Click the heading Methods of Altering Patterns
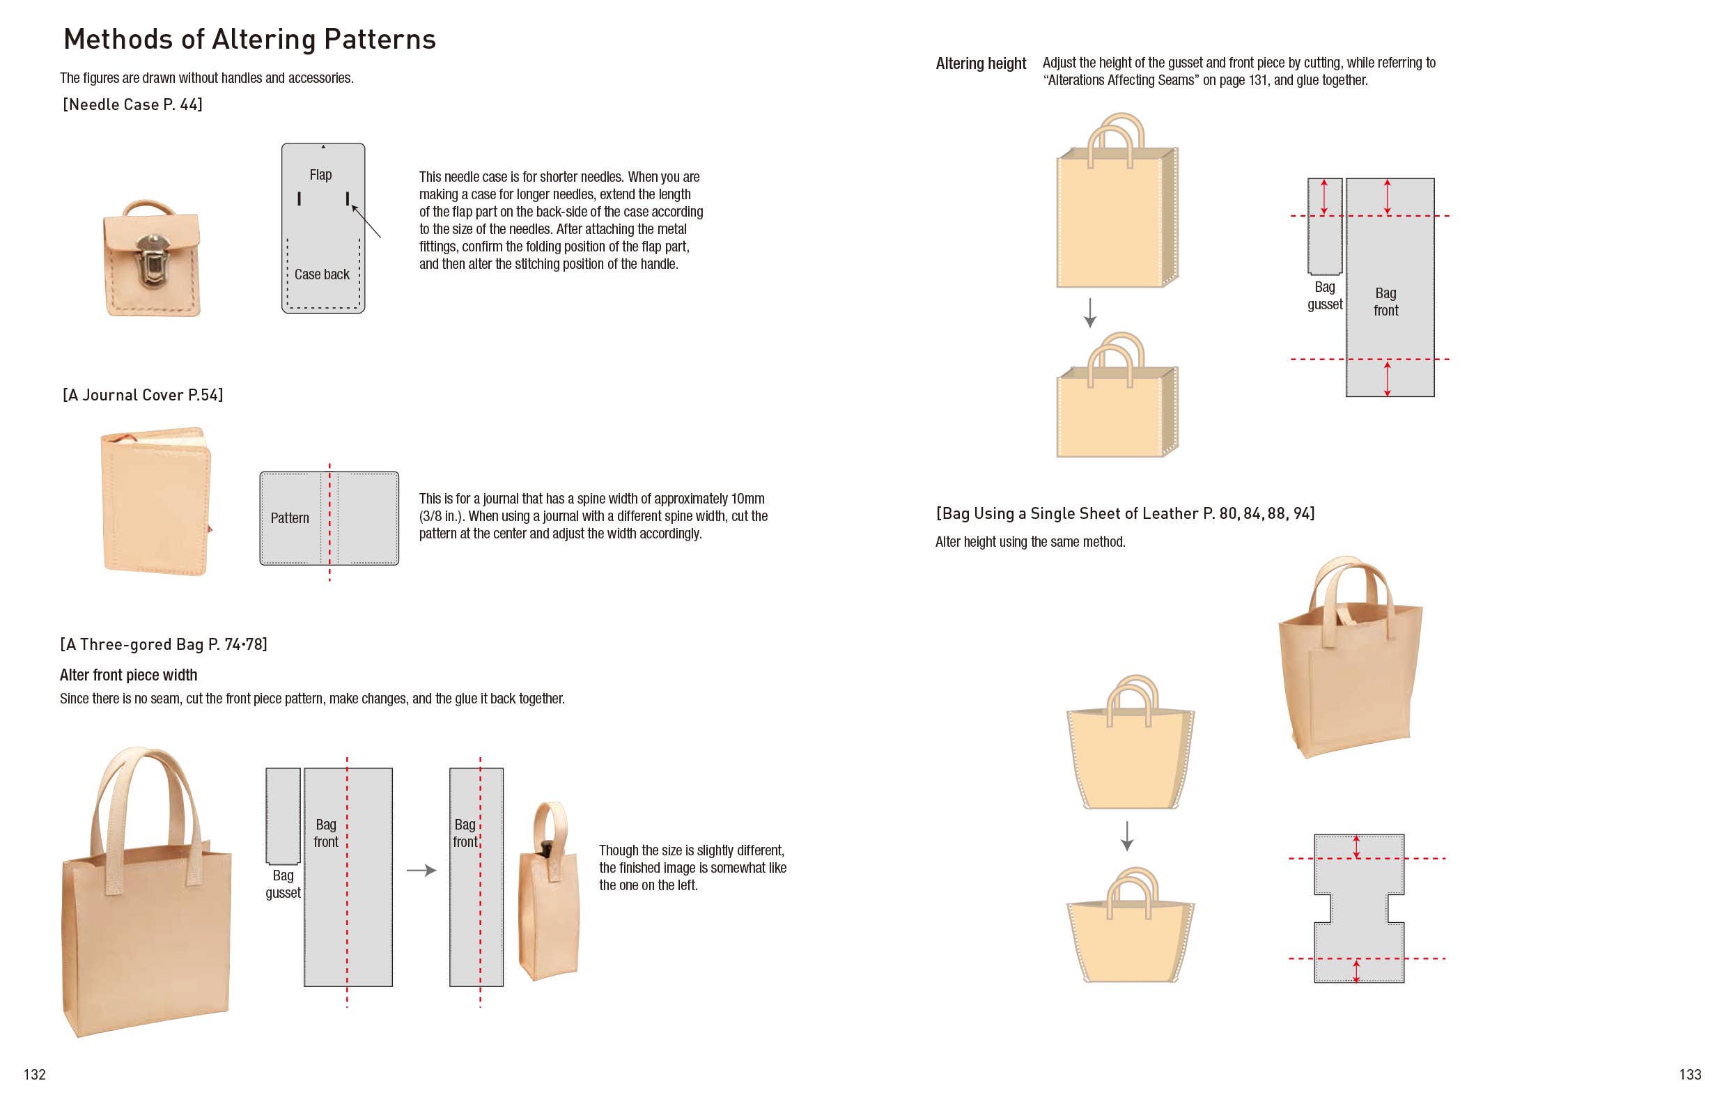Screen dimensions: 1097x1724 coord(249,40)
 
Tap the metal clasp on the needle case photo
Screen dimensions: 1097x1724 coord(153,259)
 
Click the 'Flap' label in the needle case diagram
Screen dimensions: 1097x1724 coord(320,175)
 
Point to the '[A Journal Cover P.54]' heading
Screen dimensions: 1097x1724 coord(143,395)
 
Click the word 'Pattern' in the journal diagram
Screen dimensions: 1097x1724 coord(289,518)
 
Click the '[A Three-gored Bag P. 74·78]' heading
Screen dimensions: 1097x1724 coord(163,644)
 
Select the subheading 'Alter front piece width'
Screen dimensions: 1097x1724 coord(128,675)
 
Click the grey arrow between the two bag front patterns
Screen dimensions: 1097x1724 coord(421,871)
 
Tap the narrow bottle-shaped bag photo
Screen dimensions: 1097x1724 coord(548,895)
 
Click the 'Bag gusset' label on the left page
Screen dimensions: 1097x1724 coord(283,885)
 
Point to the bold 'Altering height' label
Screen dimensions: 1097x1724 coord(980,63)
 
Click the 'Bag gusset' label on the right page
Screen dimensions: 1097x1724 coord(1324,296)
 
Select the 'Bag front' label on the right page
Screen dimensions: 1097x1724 coord(1385,302)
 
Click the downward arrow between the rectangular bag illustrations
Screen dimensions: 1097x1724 coord(1089,313)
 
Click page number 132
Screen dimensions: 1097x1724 coord(34,1074)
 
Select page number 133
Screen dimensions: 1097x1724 coord(1690,1074)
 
